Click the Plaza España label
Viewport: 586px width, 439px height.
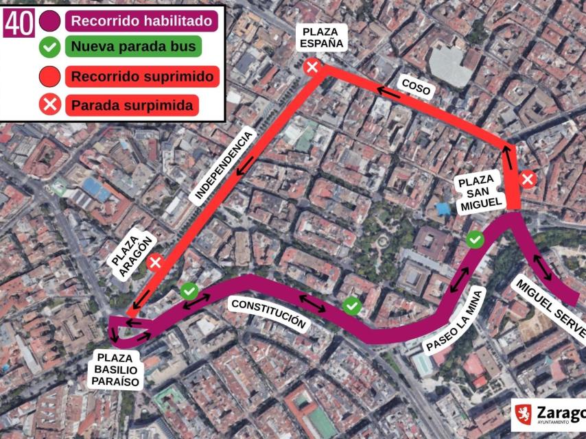point(320,37)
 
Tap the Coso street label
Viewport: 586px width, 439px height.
point(415,86)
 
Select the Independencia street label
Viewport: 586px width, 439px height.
point(224,165)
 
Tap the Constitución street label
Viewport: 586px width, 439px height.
point(268,314)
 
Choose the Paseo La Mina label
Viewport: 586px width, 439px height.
point(455,320)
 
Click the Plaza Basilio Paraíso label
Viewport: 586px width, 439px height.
point(118,370)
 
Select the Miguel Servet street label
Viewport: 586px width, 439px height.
point(549,309)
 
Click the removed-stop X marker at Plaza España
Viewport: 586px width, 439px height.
point(312,67)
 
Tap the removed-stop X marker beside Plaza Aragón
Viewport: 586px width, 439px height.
point(156,261)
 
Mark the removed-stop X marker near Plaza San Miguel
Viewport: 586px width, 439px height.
point(528,180)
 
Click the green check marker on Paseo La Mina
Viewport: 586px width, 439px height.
point(474,239)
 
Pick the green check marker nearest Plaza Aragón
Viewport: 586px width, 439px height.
point(189,291)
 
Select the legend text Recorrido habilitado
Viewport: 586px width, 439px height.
point(142,21)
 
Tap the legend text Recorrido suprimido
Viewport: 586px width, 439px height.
point(142,76)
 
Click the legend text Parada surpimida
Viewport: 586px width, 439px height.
point(132,105)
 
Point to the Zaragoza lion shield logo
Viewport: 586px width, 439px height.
point(523,414)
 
